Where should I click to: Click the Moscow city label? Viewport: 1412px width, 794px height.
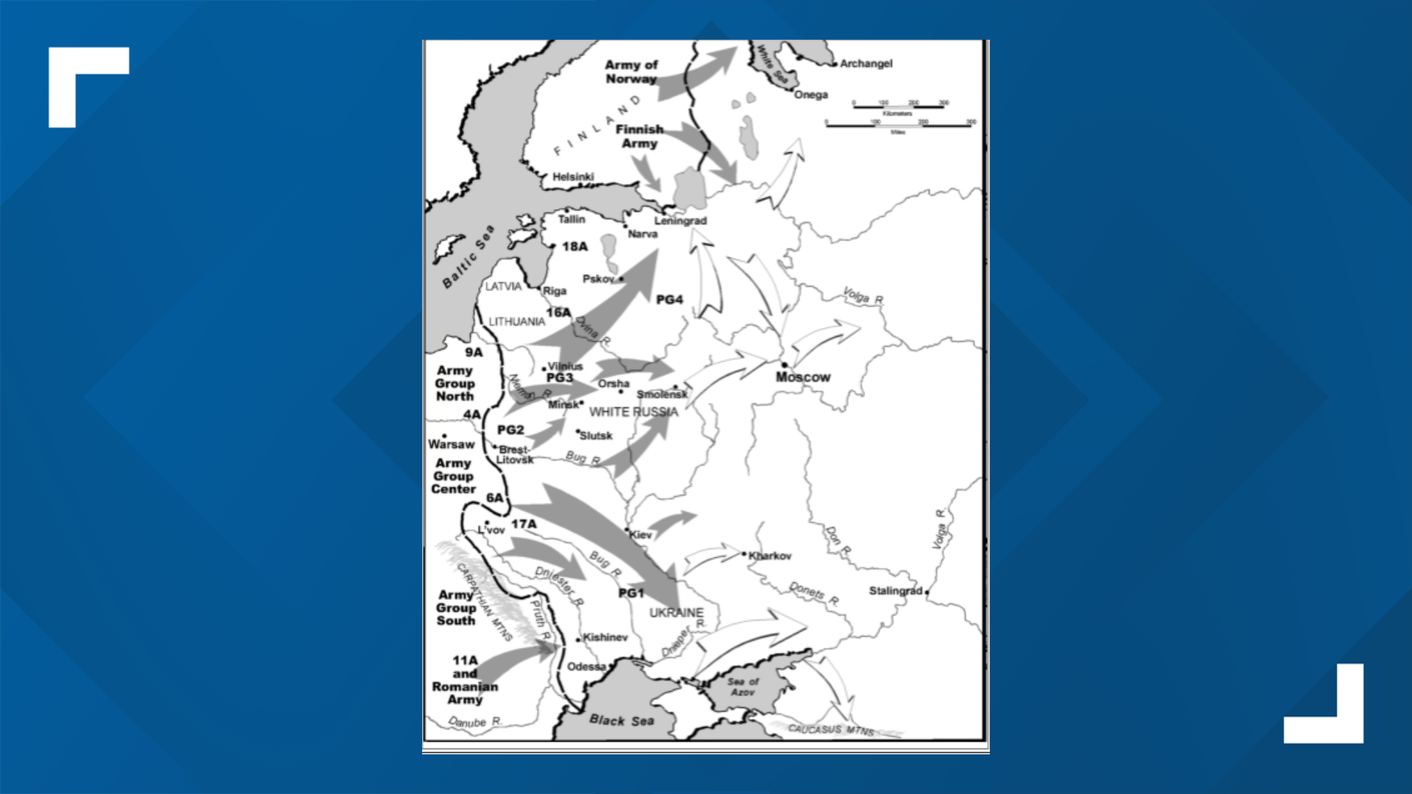pyautogui.click(x=802, y=377)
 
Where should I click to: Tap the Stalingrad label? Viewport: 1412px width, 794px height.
pyautogui.click(x=895, y=590)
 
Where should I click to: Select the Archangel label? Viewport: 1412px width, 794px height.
pyautogui.click(x=866, y=64)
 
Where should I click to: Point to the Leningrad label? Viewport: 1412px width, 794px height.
pyautogui.click(x=680, y=221)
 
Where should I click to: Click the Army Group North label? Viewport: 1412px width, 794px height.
pyautogui.click(x=454, y=383)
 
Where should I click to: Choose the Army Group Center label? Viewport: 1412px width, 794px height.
pyautogui.click(x=453, y=476)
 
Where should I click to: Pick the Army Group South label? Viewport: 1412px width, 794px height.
pyautogui.click(x=456, y=607)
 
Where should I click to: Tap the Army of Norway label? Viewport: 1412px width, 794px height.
pyautogui.click(x=631, y=72)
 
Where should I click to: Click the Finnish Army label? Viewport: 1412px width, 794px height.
pyautogui.click(x=640, y=136)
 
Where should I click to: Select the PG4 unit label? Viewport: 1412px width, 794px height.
pyautogui.click(x=669, y=299)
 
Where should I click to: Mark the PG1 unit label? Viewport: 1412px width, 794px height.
pyautogui.click(x=631, y=593)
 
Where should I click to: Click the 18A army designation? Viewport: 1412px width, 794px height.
pyautogui.click(x=575, y=246)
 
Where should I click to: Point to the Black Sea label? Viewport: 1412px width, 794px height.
pyautogui.click(x=621, y=720)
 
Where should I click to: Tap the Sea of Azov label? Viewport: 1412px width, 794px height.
pyautogui.click(x=743, y=687)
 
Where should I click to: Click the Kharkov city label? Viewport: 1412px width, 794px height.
pyautogui.click(x=770, y=556)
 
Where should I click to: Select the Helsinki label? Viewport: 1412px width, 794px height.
pyautogui.click(x=573, y=176)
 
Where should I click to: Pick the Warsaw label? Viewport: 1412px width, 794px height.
pyautogui.click(x=451, y=444)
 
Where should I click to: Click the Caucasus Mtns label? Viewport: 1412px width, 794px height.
pyautogui.click(x=831, y=729)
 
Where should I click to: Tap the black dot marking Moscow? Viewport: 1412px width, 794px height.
pyautogui.click(x=785, y=365)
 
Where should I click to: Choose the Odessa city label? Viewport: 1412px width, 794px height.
pyautogui.click(x=586, y=667)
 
